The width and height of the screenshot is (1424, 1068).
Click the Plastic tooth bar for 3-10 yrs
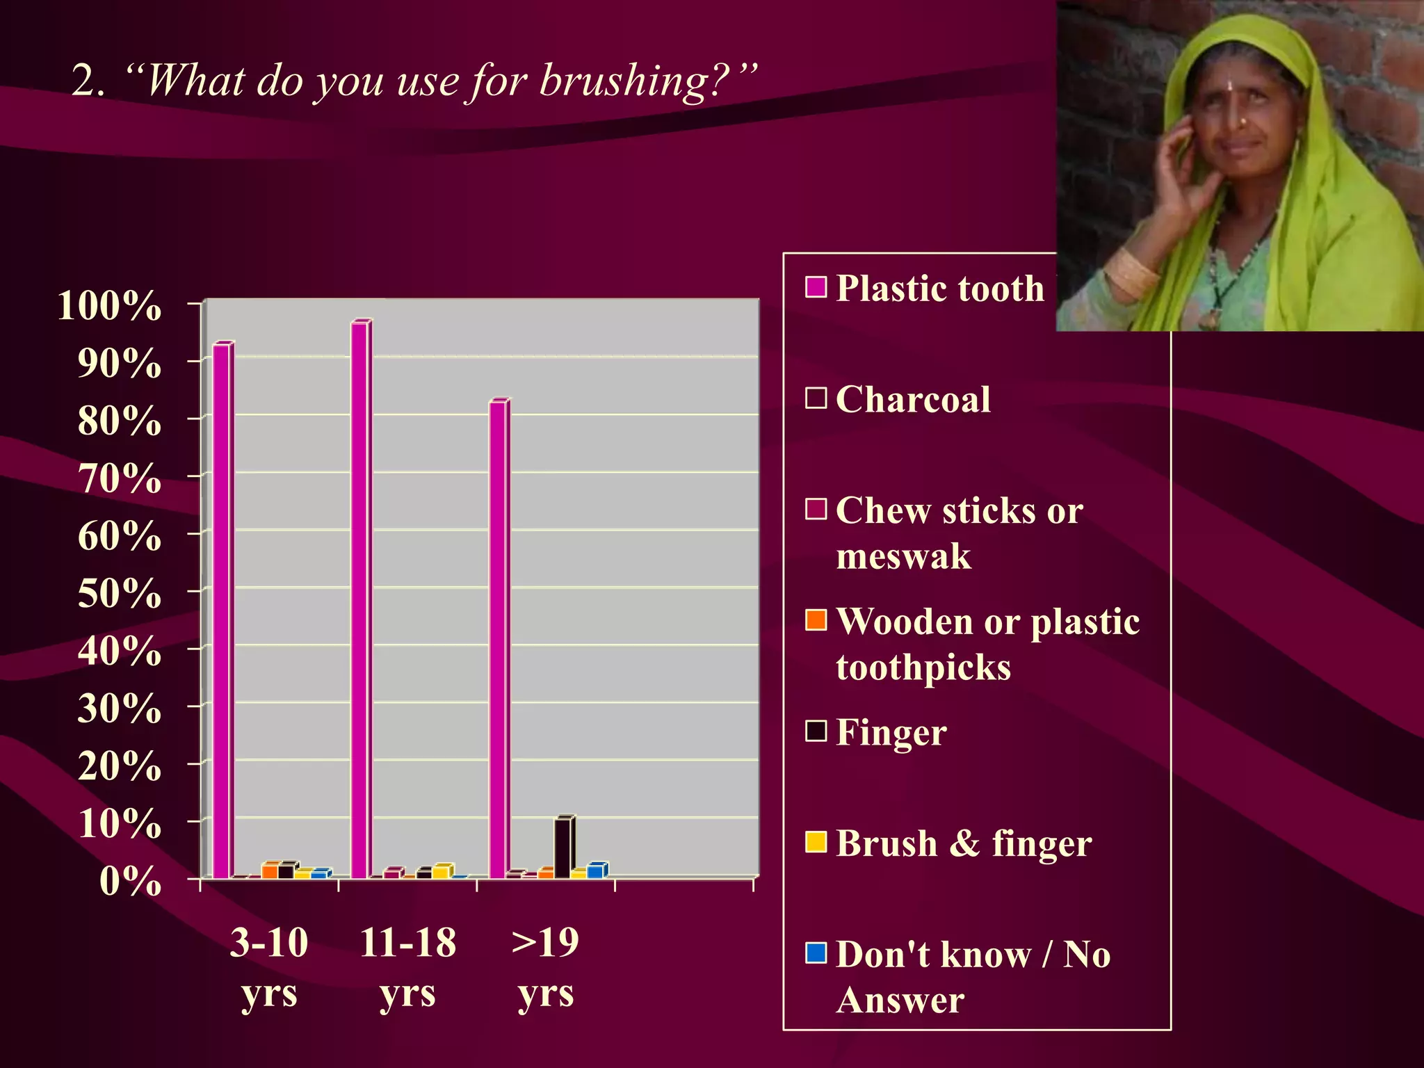[x=222, y=612]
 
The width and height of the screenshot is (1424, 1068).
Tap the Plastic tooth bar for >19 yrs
[x=499, y=640]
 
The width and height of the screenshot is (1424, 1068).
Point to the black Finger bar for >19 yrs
[x=563, y=848]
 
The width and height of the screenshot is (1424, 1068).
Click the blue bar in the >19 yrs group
[x=596, y=871]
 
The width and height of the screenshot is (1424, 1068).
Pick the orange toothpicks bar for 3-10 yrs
[x=270, y=871]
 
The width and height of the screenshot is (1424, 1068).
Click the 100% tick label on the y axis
[x=109, y=306]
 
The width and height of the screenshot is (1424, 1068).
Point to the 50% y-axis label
[x=119, y=594]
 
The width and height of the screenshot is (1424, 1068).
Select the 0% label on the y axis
[x=130, y=882]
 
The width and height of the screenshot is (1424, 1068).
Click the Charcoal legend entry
[x=912, y=400]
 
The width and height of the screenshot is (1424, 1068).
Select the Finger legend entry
[x=891, y=732]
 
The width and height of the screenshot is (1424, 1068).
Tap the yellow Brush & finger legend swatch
[x=816, y=842]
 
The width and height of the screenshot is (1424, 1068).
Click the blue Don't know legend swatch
[x=816, y=953]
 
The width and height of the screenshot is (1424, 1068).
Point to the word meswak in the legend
[x=903, y=557]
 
